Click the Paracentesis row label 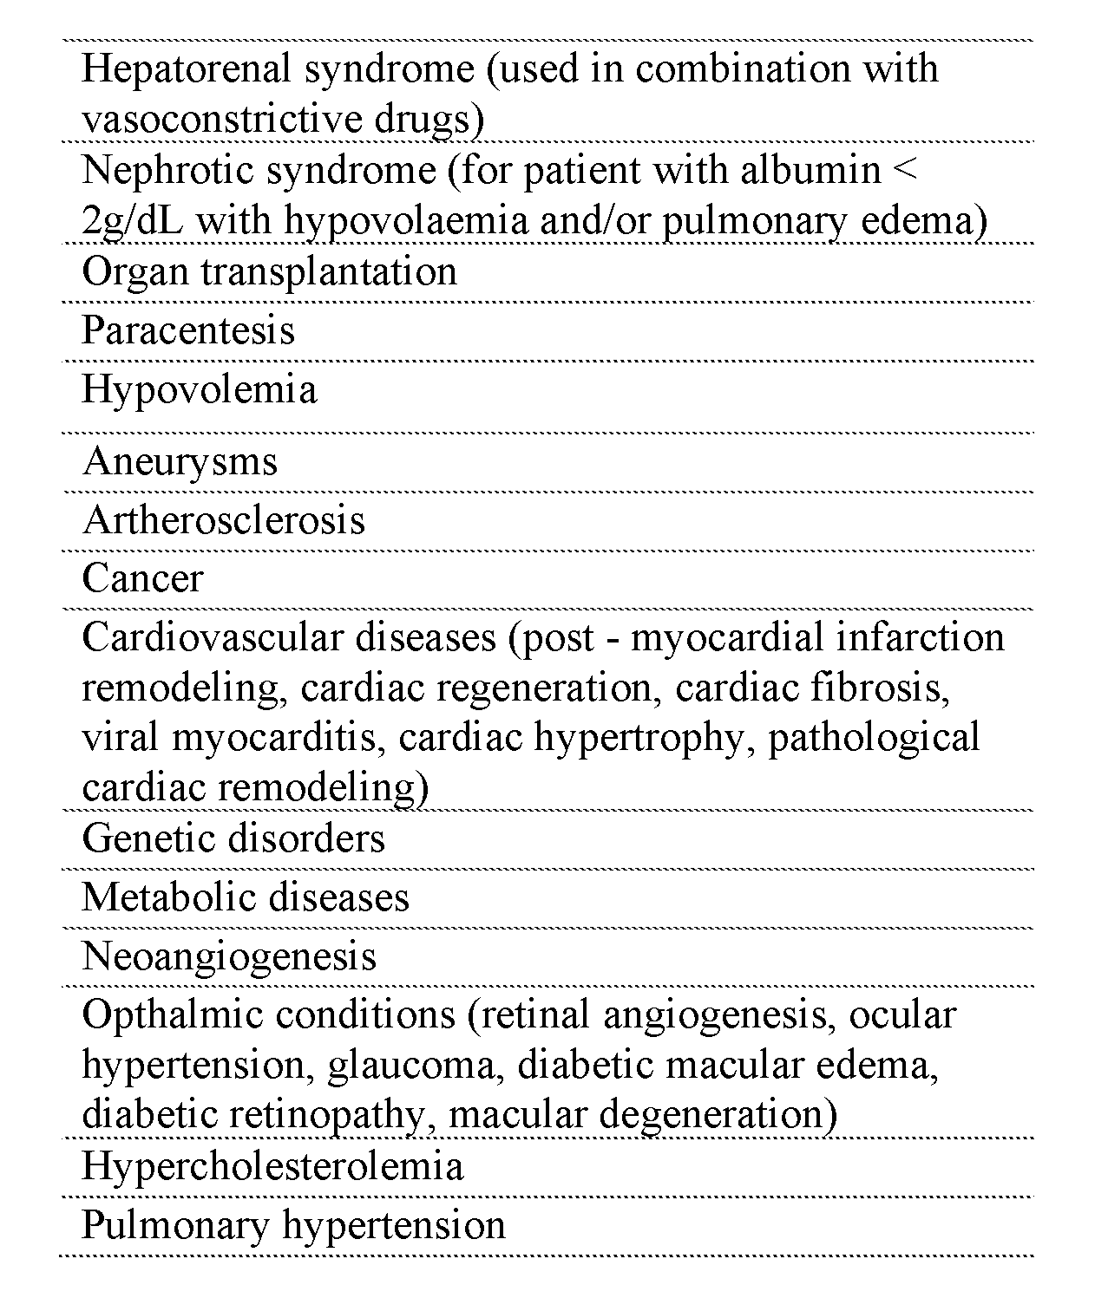[x=188, y=330]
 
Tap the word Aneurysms [x=180, y=460]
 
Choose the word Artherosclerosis [x=224, y=520]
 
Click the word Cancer [x=142, y=578]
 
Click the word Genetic [x=144, y=838]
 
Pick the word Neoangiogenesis [x=229, y=956]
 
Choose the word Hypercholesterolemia [x=272, y=1166]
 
